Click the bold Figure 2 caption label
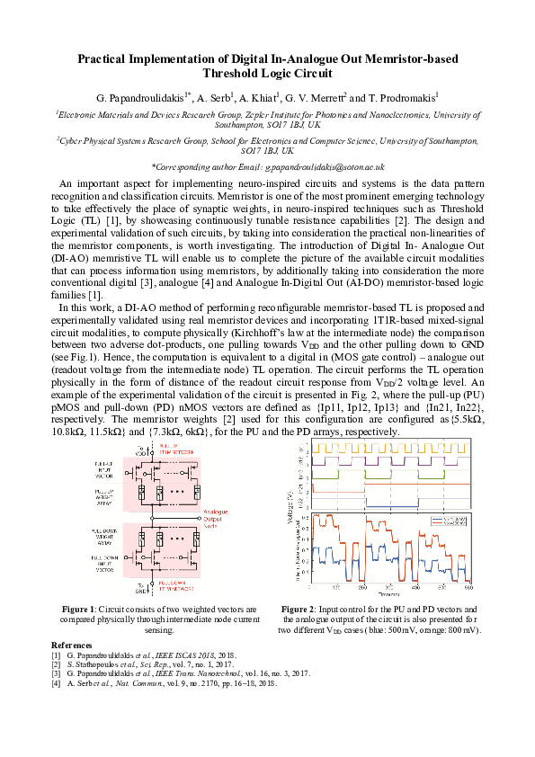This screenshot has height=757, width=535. tap(300, 609)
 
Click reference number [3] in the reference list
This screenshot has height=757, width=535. tap(57, 673)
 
